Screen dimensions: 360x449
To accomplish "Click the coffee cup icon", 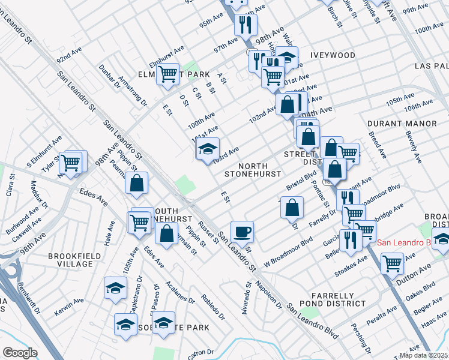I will [x=242, y=231].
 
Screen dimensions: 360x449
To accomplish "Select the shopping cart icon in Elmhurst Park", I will [x=169, y=75].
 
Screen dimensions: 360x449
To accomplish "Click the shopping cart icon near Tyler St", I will [x=71, y=162].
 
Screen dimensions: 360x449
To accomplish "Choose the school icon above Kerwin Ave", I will [x=115, y=287].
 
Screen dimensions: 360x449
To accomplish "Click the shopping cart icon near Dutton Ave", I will [x=392, y=262].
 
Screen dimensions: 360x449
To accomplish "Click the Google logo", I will [x=20, y=353].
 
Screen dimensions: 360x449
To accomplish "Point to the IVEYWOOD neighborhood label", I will [x=333, y=55].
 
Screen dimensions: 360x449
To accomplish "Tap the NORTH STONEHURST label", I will [x=253, y=170].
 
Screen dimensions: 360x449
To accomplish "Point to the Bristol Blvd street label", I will [x=301, y=179].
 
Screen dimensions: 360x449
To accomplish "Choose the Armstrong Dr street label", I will [x=132, y=89].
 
